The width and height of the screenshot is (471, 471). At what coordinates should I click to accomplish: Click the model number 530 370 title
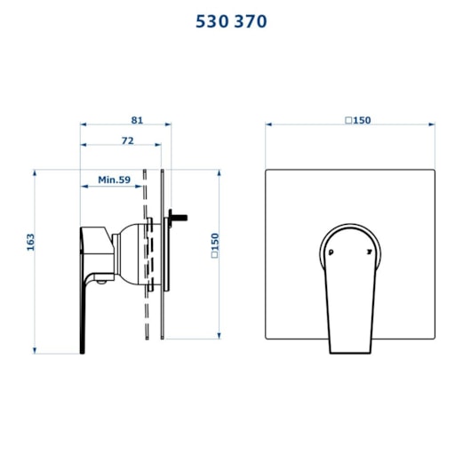231,21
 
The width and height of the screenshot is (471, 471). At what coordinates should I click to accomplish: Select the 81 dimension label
137,120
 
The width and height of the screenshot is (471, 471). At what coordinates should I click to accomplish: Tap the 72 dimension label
128,140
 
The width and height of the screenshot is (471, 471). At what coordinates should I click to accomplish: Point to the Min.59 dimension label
114,180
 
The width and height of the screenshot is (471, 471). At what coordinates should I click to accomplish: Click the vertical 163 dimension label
30,242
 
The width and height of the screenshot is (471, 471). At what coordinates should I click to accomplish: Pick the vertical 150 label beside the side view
215,245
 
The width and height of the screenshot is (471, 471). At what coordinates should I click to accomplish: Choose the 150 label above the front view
358,120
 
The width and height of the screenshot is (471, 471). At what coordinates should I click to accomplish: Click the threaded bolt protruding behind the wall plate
179,218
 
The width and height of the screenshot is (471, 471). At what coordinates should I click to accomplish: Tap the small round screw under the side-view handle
101,282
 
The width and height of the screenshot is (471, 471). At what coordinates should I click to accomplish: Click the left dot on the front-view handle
331,252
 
